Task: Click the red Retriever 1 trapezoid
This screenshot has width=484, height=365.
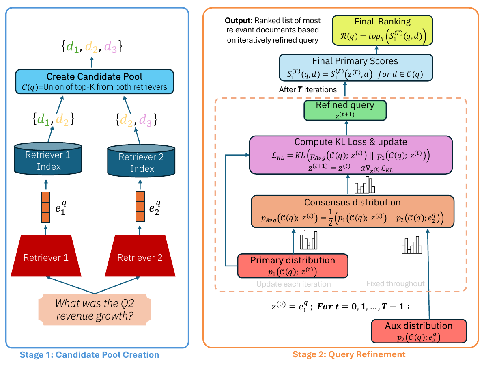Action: (x=45, y=257)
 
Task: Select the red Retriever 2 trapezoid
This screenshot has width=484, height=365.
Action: (x=140, y=257)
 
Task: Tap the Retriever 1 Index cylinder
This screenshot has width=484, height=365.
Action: (x=48, y=160)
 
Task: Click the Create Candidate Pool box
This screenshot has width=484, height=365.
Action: (x=94, y=82)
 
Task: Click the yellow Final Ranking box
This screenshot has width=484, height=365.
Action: (x=383, y=30)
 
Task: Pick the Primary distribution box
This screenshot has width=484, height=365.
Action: (x=293, y=266)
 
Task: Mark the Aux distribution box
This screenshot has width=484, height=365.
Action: (x=419, y=331)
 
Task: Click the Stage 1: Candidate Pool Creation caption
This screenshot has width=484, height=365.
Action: (x=90, y=355)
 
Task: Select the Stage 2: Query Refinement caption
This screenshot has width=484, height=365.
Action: (x=349, y=354)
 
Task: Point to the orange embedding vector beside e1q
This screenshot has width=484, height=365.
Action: (x=45, y=207)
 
